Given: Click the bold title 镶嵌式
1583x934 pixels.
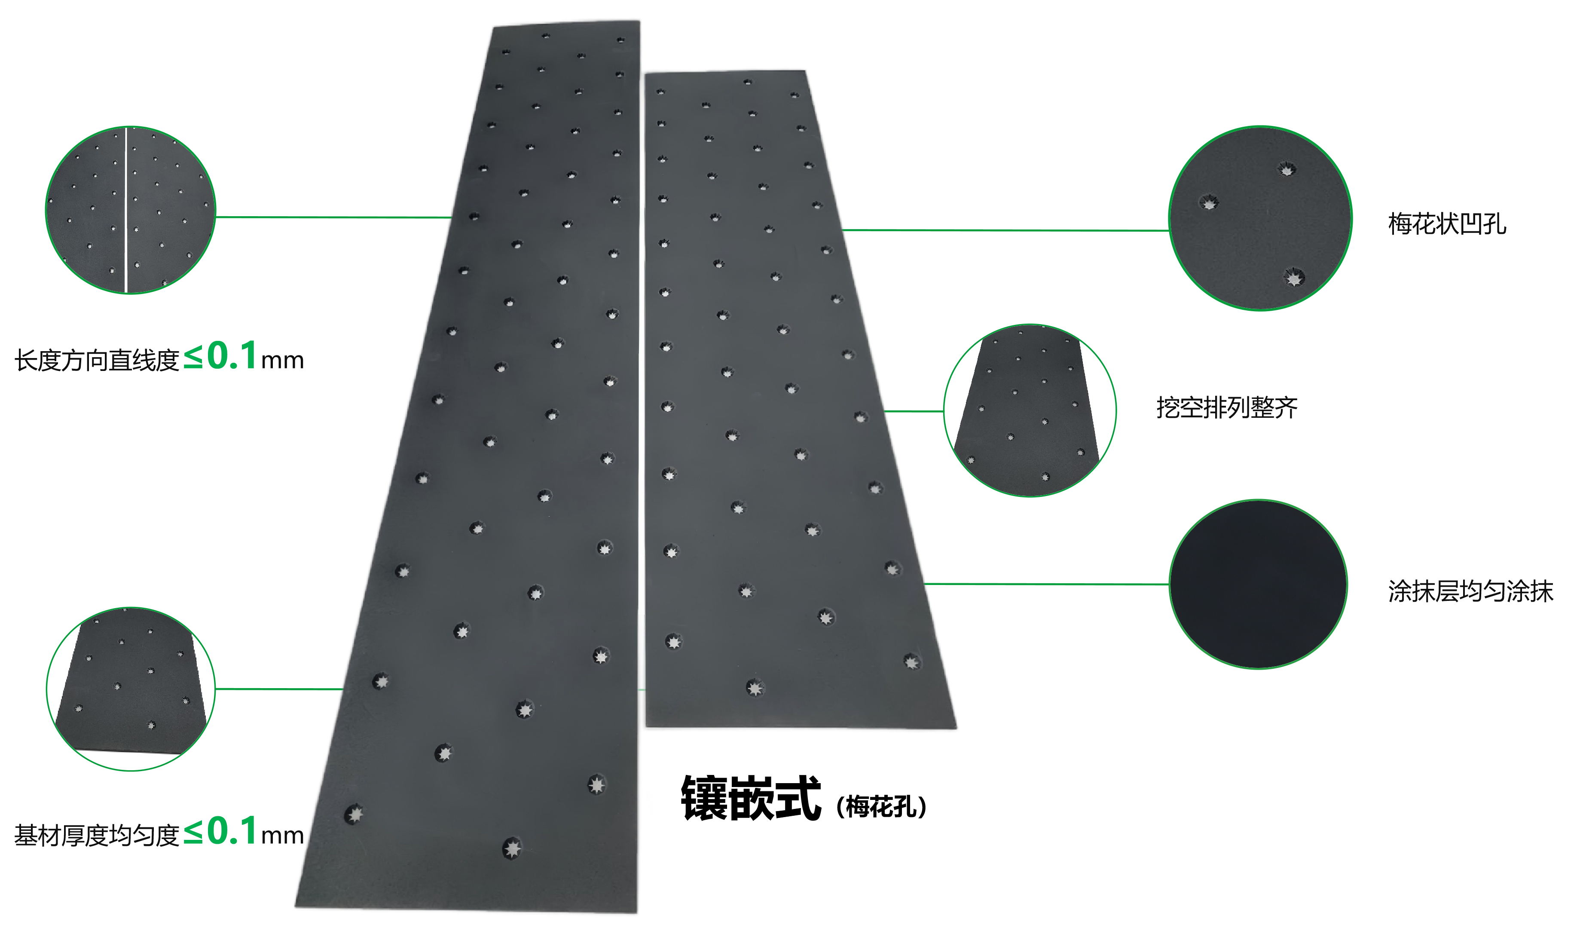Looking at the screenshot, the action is coord(751,798).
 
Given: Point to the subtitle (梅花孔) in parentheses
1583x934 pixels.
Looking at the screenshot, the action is coord(881,806).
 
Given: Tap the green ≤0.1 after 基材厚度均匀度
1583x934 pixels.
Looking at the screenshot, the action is coord(220,831).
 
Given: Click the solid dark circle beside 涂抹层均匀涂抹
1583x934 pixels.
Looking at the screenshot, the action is coord(1258,584).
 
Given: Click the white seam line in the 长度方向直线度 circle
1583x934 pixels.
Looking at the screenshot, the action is coord(126,210).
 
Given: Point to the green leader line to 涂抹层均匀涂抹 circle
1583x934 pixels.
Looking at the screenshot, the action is coord(1046,584).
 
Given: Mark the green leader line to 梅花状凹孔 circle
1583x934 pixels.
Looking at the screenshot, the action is coord(1005,230).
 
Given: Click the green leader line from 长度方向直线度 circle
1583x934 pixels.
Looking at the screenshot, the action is coord(333,217).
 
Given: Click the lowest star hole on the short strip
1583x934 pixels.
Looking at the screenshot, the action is coord(755,688).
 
